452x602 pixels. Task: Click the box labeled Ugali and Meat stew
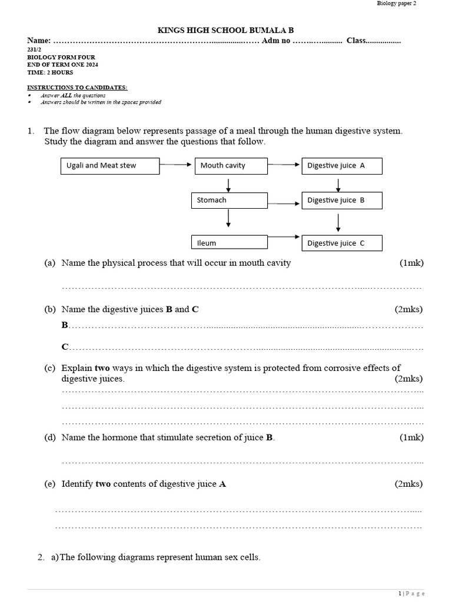click(x=110, y=166)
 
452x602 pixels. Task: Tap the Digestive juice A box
click(x=342, y=166)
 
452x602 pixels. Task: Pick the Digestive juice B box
click(x=342, y=200)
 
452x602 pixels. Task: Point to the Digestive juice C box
click(x=342, y=243)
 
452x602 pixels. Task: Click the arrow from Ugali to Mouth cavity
click(x=177, y=165)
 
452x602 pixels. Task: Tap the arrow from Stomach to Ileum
click(x=228, y=218)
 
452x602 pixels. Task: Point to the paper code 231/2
click(x=35, y=50)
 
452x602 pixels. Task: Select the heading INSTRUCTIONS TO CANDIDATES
click(x=77, y=87)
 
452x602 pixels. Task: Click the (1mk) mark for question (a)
click(x=411, y=263)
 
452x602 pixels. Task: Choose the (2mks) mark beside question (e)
click(x=408, y=484)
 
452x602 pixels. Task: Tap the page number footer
click(x=411, y=594)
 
